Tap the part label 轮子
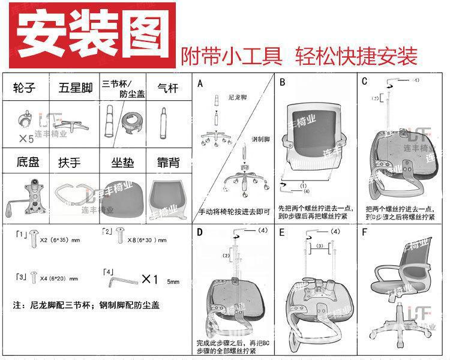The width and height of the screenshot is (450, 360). pos(25,89)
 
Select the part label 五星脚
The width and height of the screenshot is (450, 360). pos(75,89)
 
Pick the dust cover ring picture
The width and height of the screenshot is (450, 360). pos(131,120)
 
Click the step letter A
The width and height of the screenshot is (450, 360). pos(200,83)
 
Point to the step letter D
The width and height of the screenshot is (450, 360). pos(200,232)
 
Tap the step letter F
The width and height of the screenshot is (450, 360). pos(365,232)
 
